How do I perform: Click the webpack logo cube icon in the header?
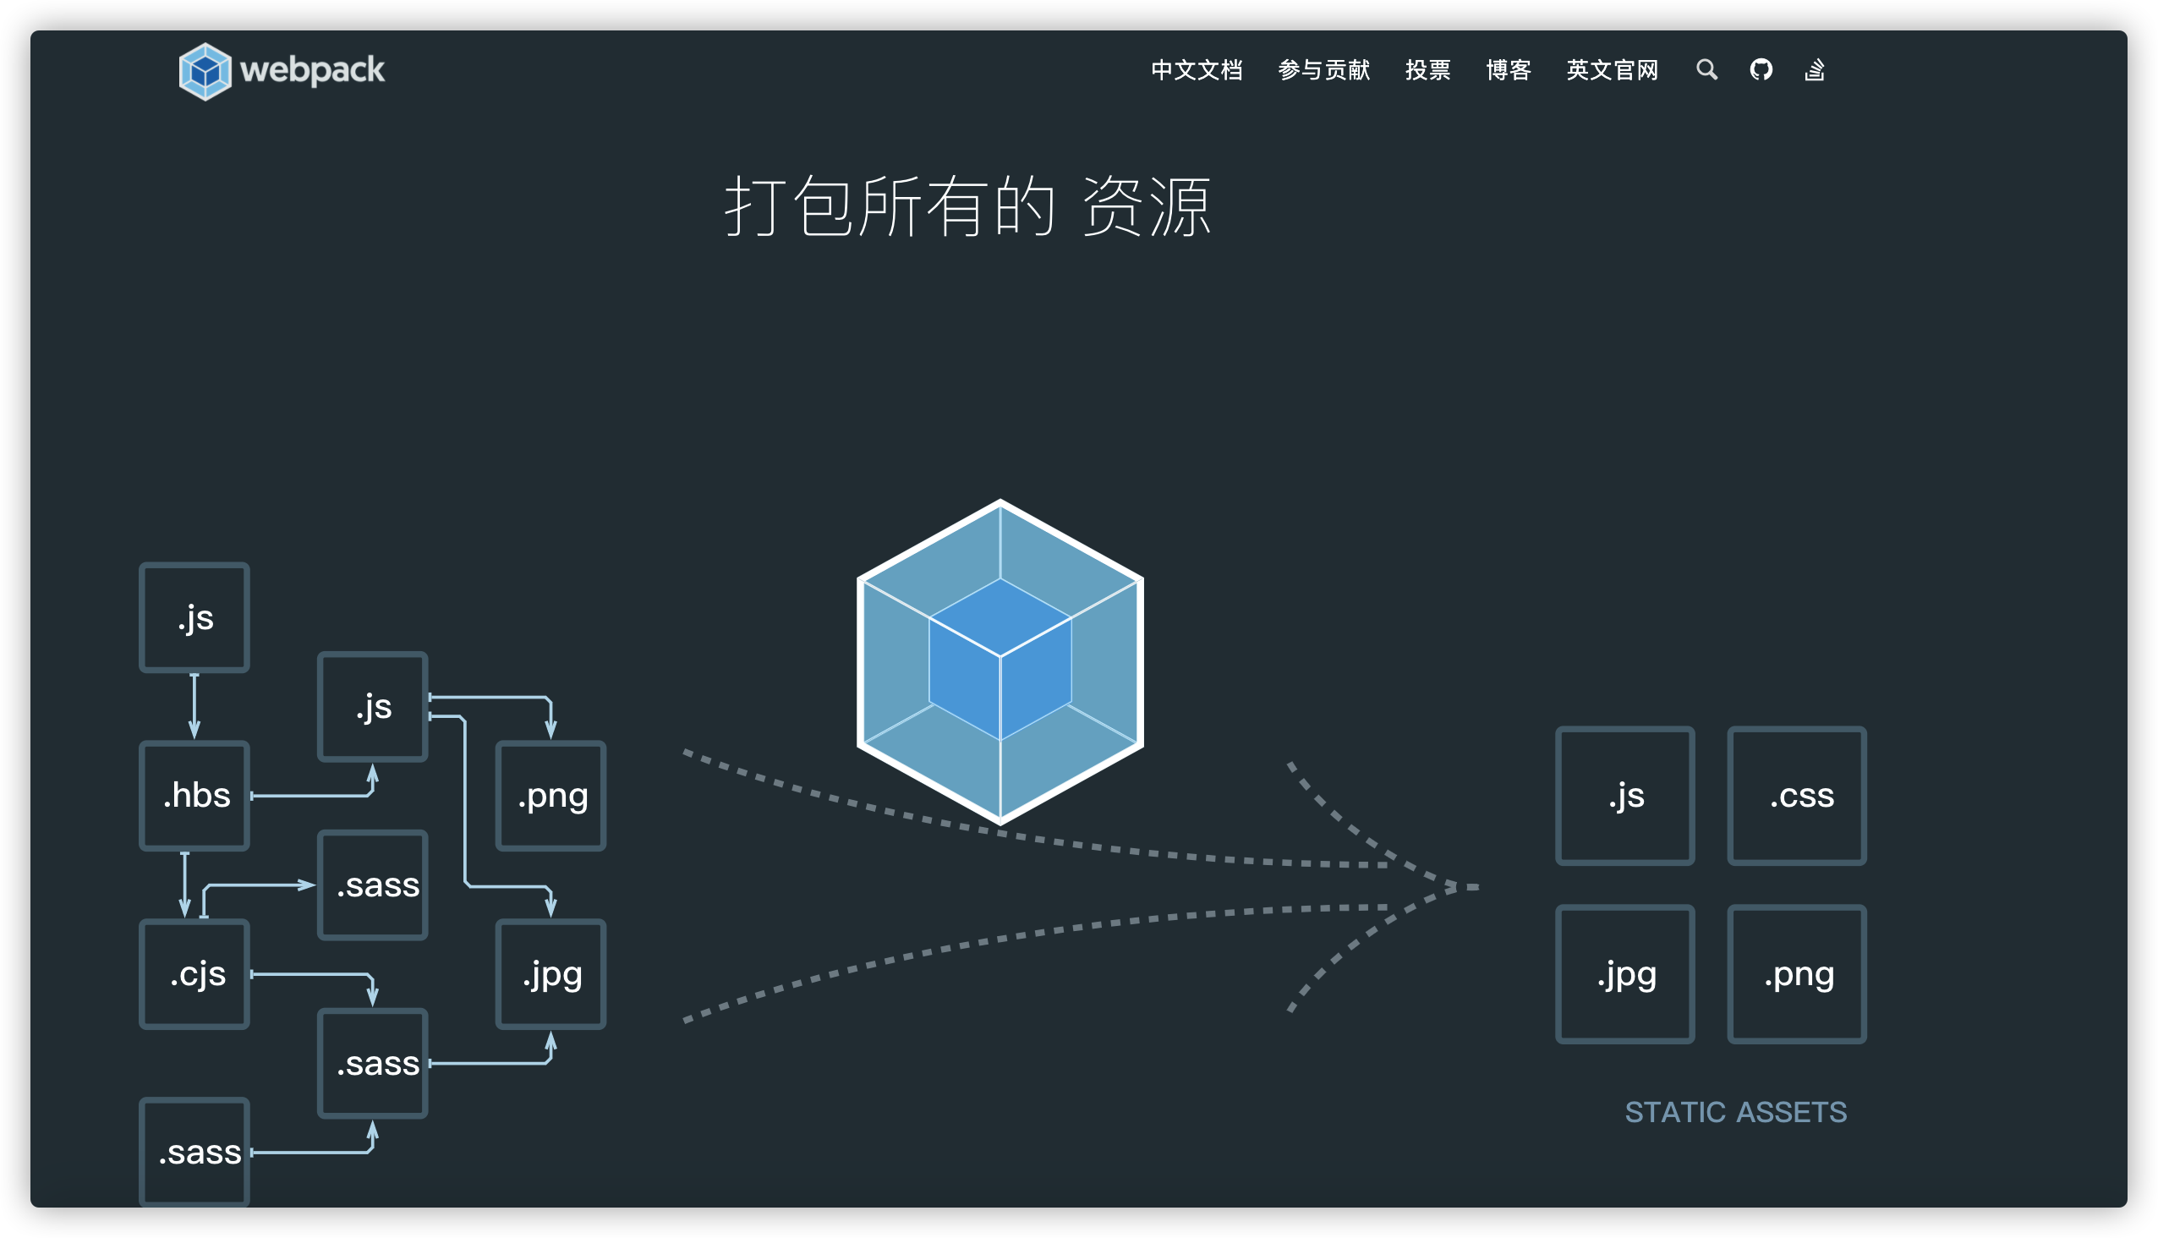point(205,71)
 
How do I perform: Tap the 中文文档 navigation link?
point(1197,69)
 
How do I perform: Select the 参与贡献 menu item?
point(1324,69)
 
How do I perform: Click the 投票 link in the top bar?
point(1427,69)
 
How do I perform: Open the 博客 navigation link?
point(1509,69)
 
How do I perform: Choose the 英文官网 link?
point(1612,69)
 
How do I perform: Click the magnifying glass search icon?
point(1706,69)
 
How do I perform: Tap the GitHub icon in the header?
point(1761,69)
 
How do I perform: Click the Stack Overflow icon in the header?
point(1815,69)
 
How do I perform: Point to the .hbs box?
point(194,796)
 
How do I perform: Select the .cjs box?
point(194,974)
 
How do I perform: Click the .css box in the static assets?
point(1797,796)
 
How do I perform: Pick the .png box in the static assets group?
point(1797,974)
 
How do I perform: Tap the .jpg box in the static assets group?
point(1625,974)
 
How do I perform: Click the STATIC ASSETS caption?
point(1735,1112)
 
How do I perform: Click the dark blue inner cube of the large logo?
point(1000,659)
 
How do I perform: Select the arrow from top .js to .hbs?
point(194,706)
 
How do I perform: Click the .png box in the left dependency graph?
point(551,796)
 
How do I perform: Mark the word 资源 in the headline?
point(1146,207)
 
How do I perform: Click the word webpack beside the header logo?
point(312,69)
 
